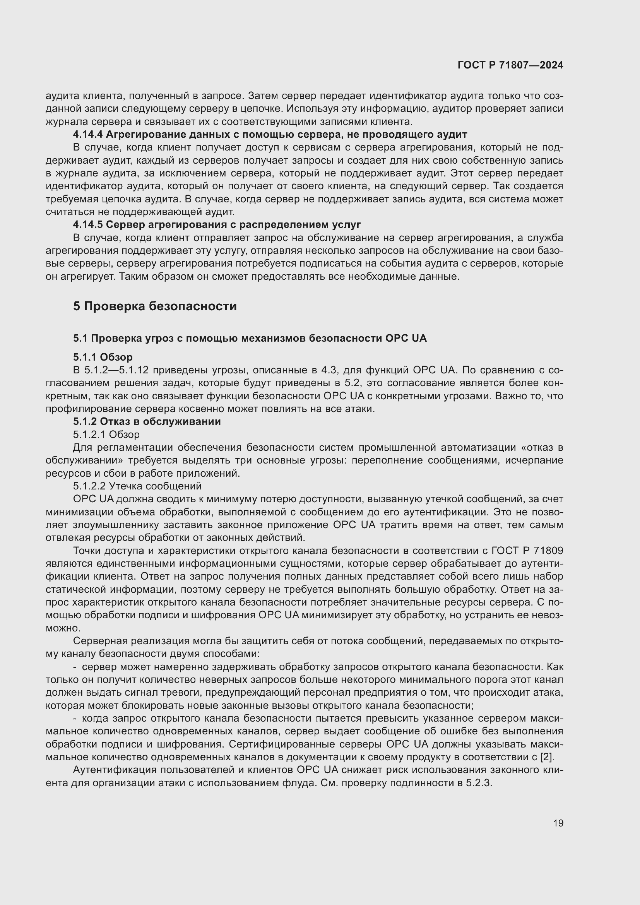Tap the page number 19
pos(558,823)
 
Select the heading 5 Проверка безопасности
pos(154,306)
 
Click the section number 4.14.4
pos(87,135)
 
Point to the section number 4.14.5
pos(87,225)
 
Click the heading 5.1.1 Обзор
pos(103,357)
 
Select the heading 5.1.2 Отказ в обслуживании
pos(147,421)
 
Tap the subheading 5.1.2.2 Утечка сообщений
pos(137,486)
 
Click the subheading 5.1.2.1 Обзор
pos(106,435)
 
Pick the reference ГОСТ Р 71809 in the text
pos(527,551)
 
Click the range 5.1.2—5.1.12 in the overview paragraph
pos(116,370)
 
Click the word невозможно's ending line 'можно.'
pos(63,628)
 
